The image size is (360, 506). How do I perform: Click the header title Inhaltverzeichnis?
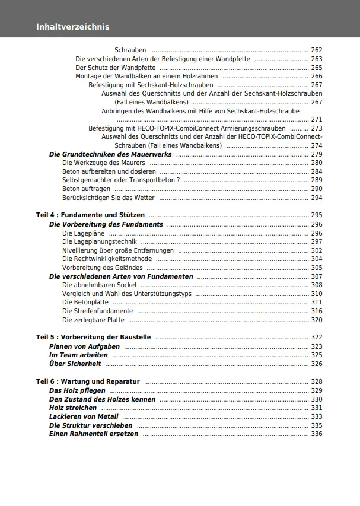click(x=72, y=27)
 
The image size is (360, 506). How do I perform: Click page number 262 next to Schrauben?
click(x=317, y=50)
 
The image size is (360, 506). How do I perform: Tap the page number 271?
click(x=317, y=119)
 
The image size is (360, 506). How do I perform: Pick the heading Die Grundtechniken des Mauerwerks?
click(x=110, y=154)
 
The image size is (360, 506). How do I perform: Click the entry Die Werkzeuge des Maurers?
click(x=104, y=163)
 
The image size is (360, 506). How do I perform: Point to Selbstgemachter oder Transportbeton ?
click(x=121, y=180)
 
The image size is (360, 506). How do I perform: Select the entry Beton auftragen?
click(x=87, y=189)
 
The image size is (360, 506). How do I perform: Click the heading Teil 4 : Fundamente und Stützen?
click(x=90, y=215)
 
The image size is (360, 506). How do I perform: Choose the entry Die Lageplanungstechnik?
click(x=100, y=241)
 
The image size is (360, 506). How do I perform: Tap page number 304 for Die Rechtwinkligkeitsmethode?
click(x=317, y=259)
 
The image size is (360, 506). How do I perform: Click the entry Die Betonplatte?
click(x=85, y=302)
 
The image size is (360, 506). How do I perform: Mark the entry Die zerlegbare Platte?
click(x=93, y=320)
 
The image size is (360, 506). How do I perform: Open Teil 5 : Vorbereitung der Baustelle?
click(x=93, y=337)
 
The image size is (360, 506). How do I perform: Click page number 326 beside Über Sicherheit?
click(x=317, y=364)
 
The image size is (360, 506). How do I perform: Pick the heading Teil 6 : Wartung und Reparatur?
click(x=88, y=381)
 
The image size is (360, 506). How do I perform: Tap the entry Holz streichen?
click(x=73, y=408)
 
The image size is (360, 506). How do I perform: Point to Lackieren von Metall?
click(x=84, y=416)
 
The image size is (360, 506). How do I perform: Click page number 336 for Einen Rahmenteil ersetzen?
click(x=317, y=434)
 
